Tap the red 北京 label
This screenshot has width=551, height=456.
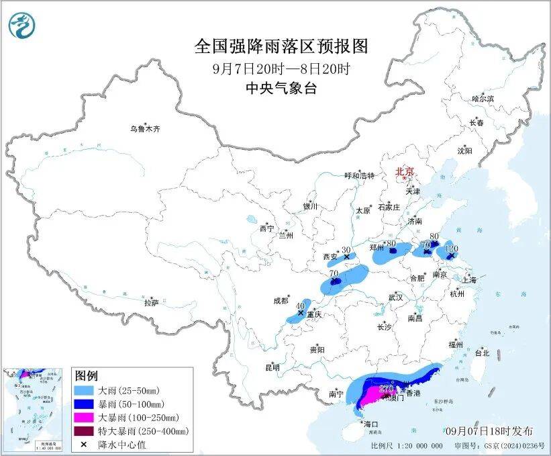point(405,171)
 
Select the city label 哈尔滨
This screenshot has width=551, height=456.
point(482,99)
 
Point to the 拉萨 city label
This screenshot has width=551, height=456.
point(151,303)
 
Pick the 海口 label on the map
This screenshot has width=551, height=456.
point(370,424)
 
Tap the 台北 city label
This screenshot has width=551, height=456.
point(482,353)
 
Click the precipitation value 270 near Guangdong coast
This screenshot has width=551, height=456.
point(386,388)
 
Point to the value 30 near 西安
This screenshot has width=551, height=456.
point(346,249)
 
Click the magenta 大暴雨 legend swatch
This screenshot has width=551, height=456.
point(84,417)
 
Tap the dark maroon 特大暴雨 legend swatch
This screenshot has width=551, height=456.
point(84,430)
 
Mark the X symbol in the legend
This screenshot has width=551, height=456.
point(84,444)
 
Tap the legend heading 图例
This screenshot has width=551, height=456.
point(87,375)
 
